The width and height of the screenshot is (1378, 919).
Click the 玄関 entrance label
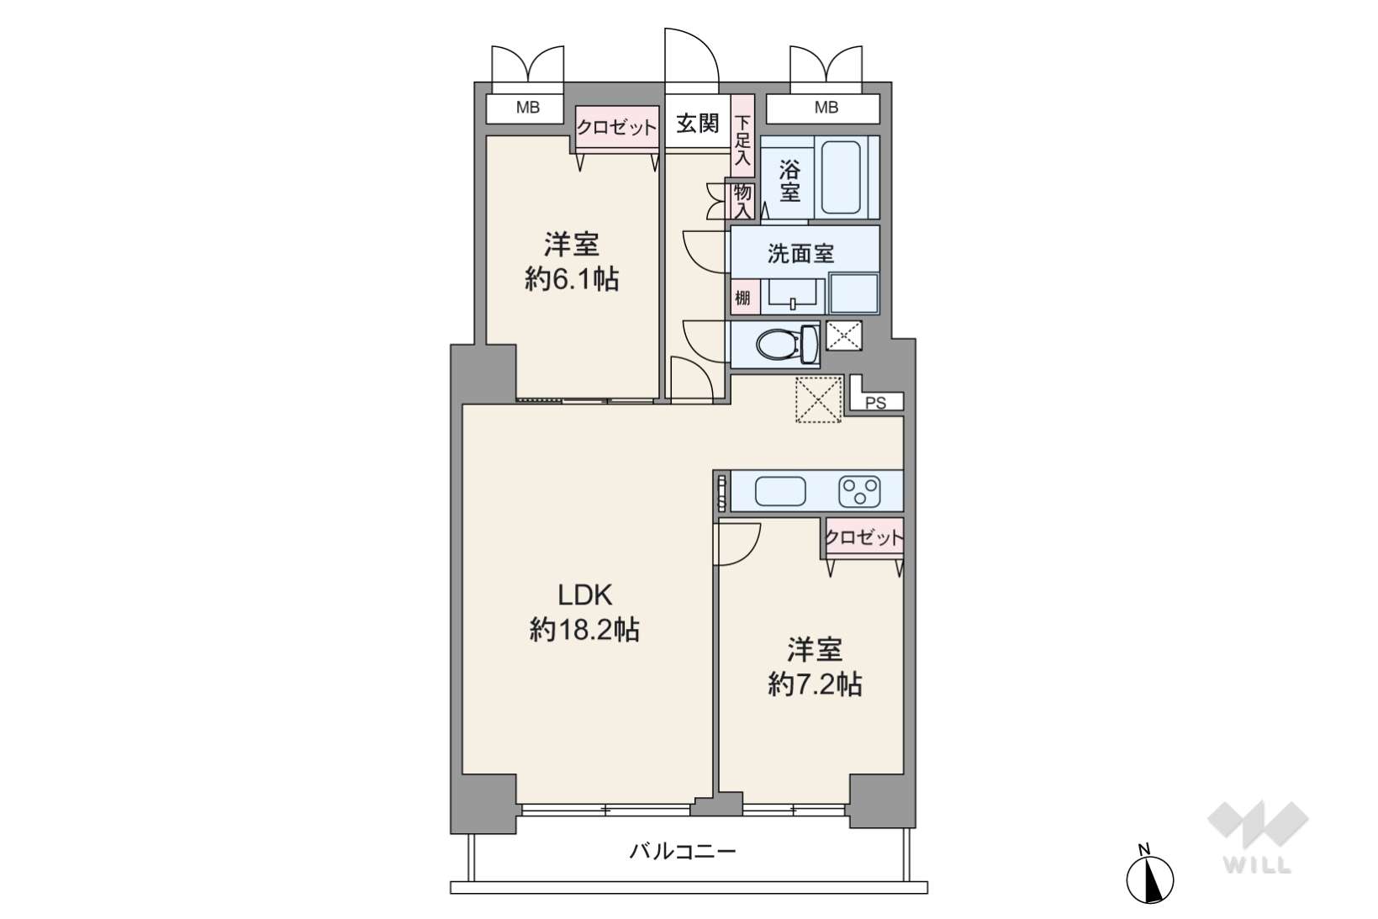click(698, 124)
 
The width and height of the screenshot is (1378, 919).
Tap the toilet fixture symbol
click(788, 345)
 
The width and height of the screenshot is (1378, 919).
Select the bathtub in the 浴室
click(840, 177)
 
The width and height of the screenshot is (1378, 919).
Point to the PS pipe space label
click(875, 403)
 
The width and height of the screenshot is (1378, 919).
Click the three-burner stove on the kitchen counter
click(859, 492)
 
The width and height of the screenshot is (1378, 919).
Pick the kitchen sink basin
click(780, 492)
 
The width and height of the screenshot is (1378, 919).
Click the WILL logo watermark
click(1258, 837)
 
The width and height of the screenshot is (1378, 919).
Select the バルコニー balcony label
click(682, 852)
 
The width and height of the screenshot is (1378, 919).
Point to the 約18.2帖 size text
click(584, 631)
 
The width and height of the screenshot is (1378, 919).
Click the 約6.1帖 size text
click(572, 280)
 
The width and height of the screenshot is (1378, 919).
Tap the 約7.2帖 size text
click(815, 684)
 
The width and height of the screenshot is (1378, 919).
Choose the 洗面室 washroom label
click(800, 253)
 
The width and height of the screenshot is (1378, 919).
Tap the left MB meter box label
click(527, 108)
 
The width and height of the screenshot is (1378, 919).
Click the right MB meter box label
click(826, 108)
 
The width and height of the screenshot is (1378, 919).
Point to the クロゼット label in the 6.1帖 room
click(616, 127)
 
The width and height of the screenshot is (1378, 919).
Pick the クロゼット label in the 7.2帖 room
click(864, 537)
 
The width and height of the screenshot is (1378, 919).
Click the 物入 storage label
click(742, 201)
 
